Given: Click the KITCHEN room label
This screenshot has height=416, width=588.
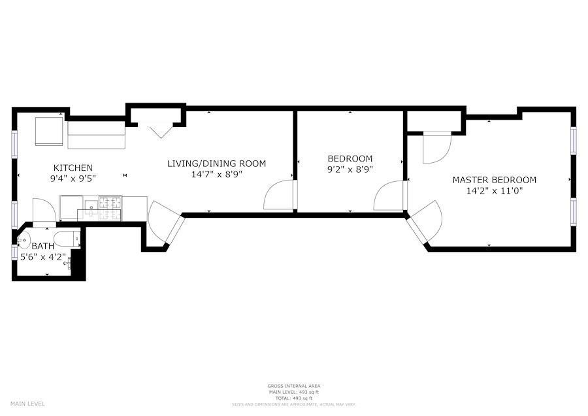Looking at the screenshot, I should [x=73, y=167].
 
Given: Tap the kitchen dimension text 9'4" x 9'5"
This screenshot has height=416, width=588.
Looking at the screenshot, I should [x=73, y=178].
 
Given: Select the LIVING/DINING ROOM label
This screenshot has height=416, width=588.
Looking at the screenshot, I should [x=216, y=164].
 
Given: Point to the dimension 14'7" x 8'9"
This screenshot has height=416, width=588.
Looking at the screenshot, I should [x=216, y=175].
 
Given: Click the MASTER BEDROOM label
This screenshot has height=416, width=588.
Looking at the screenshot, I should [x=495, y=180].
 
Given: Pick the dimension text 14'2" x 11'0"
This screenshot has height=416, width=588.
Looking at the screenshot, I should [x=495, y=191].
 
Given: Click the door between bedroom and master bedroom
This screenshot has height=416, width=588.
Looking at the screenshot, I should [x=391, y=196].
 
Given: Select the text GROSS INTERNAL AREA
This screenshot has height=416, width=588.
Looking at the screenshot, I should [x=293, y=386].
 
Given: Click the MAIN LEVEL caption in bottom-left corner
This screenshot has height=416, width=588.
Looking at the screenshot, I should [x=27, y=404].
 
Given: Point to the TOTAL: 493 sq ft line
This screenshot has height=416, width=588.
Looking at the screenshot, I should [x=293, y=398].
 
